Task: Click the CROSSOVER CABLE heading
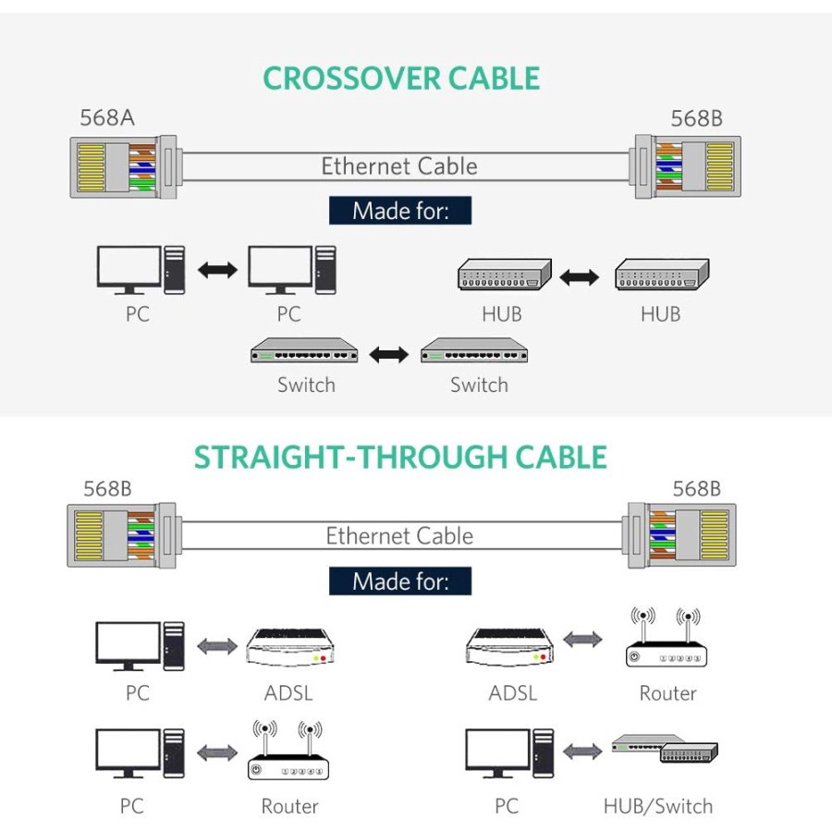(x=401, y=79)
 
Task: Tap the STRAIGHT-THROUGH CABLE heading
(x=400, y=458)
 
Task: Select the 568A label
(x=106, y=118)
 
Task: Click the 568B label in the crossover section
(x=696, y=118)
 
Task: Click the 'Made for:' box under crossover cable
(x=400, y=211)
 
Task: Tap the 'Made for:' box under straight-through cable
(x=400, y=581)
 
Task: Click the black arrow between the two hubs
(x=580, y=276)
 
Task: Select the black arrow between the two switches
(x=388, y=354)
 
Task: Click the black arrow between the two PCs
(x=217, y=270)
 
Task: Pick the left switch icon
(x=304, y=352)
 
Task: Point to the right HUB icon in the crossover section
(x=662, y=275)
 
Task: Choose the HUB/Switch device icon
(x=666, y=750)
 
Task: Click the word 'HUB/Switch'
(x=658, y=806)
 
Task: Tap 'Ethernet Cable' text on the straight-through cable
(x=399, y=536)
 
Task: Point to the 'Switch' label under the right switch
(x=479, y=385)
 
